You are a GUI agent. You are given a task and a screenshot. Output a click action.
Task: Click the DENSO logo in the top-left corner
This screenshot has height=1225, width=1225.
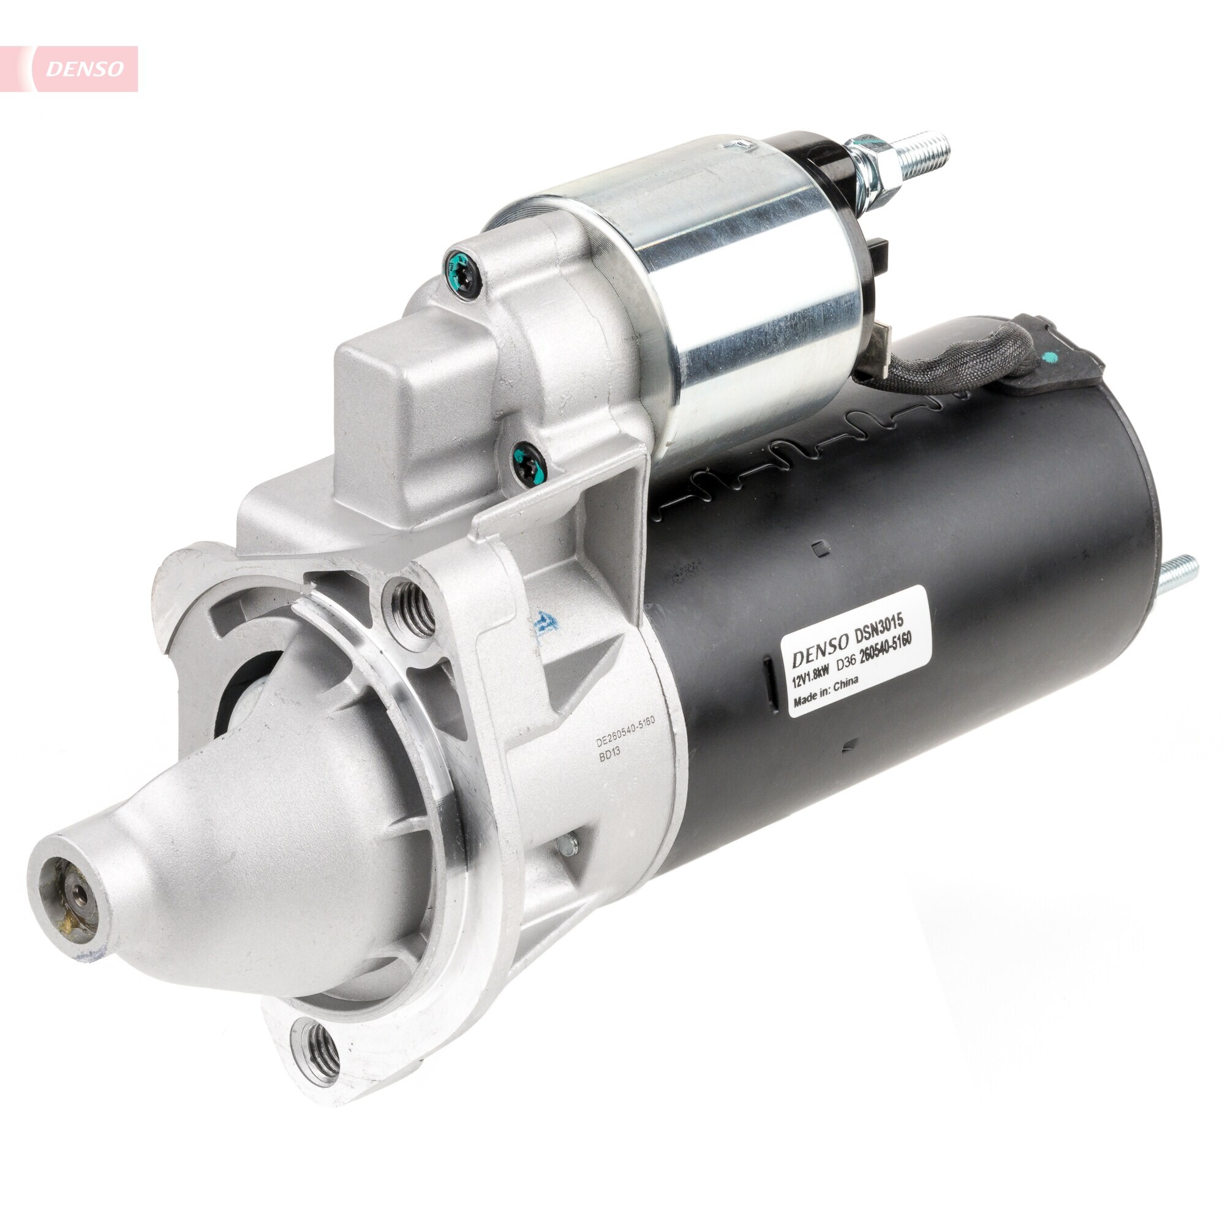pos(85,69)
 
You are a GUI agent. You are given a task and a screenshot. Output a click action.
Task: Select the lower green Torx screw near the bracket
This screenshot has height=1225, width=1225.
pos(528,462)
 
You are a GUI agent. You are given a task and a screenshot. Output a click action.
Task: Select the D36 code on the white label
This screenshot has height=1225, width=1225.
pos(848,665)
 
